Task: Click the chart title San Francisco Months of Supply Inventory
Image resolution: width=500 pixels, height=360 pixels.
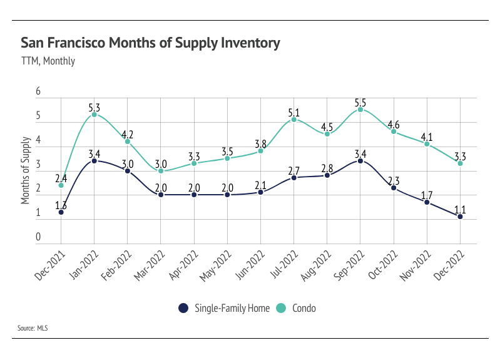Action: coord(150,43)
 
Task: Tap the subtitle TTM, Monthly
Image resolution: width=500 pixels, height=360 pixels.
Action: coord(48,61)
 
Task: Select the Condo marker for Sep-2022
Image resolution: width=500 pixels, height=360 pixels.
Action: coord(360,110)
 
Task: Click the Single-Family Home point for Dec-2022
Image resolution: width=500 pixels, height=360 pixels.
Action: coord(460,217)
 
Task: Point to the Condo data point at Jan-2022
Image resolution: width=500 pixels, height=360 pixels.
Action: coord(94,115)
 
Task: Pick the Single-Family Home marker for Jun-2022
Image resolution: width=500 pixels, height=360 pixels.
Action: coord(260,192)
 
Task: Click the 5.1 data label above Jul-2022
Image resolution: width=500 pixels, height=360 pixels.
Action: coord(293,113)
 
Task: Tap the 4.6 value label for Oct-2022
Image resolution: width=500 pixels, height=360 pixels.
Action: coord(394,125)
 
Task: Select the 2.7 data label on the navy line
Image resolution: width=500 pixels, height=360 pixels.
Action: coord(293,170)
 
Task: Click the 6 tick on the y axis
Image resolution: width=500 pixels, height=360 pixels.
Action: coord(38,91)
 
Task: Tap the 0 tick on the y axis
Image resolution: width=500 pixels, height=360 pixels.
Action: coord(38,237)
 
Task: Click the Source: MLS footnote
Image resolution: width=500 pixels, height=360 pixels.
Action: coord(34,327)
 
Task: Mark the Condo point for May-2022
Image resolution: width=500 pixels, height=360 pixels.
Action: coord(227,158)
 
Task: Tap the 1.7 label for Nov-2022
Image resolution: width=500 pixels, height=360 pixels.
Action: coord(427,195)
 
